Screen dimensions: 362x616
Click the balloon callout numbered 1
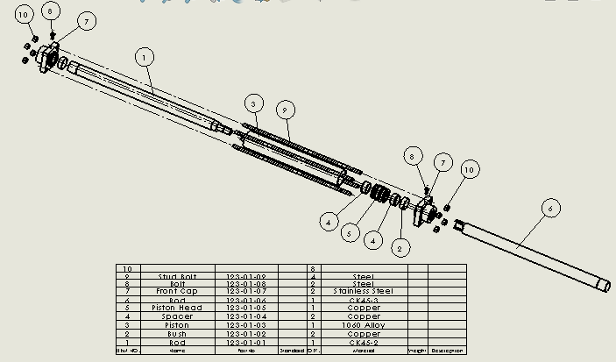point(145,57)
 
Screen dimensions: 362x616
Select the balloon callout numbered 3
point(253,103)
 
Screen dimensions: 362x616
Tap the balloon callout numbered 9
point(284,109)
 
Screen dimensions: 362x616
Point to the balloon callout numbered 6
point(549,208)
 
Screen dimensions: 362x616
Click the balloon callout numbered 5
point(349,233)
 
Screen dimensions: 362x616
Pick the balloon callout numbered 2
point(399,248)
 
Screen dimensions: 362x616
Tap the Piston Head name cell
point(177,308)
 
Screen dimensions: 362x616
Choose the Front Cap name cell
point(177,291)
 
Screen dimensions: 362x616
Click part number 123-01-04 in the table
point(245,316)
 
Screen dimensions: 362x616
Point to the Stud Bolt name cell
point(177,276)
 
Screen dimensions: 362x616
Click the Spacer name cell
point(177,316)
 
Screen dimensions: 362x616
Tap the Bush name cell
point(177,334)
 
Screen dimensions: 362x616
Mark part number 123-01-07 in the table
point(245,291)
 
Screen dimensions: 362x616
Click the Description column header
point(446,351)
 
